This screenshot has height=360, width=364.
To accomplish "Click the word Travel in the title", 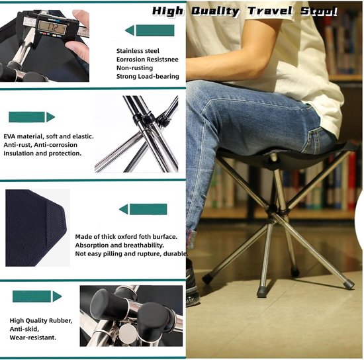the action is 270,11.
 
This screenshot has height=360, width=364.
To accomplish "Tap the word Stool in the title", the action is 319,11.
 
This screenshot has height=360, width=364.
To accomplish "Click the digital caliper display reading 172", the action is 52,27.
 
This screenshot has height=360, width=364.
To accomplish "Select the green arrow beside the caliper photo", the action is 150,30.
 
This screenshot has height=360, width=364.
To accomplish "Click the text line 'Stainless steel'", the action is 138,51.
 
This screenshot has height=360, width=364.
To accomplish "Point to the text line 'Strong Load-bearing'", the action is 148,76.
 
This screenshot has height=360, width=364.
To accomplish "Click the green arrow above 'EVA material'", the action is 32,117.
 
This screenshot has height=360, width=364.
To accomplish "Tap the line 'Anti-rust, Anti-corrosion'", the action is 40,145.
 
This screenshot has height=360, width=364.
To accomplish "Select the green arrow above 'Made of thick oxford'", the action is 143,209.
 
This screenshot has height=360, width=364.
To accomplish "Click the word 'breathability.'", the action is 144,245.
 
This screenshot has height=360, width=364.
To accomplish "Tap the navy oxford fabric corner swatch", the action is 36,228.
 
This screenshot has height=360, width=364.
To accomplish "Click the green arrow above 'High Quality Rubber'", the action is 37,296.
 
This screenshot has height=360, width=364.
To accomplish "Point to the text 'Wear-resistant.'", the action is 32,337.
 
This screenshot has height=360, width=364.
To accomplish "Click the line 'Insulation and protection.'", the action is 42,154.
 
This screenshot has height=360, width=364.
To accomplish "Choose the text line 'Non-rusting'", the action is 134,67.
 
